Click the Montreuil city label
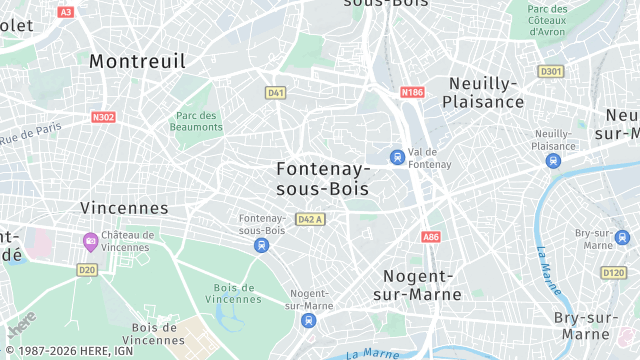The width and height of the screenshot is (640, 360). coord(137,61)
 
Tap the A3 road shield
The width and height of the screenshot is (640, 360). coord(66,12)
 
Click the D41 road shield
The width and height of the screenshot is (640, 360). coord(276,93)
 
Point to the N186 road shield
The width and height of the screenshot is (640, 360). coord(412,92)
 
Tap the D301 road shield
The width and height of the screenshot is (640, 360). coord(550,71)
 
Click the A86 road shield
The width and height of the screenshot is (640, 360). coord(430,237)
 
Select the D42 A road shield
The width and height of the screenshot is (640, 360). coord(311,219)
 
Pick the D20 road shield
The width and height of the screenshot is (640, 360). coord(87,269)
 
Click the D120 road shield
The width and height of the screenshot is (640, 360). coord(613,272)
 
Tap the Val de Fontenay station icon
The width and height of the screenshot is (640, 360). coord(398,157)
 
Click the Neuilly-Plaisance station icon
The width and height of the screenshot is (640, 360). coord(553,160)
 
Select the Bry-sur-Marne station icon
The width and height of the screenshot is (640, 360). coord(623,238)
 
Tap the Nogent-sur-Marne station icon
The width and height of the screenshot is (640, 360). coord(308,320)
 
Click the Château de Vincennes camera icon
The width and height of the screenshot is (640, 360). coord(90,241)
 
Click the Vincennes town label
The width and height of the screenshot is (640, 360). coord(124,208)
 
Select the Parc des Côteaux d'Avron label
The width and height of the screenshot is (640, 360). coord(547,20)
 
